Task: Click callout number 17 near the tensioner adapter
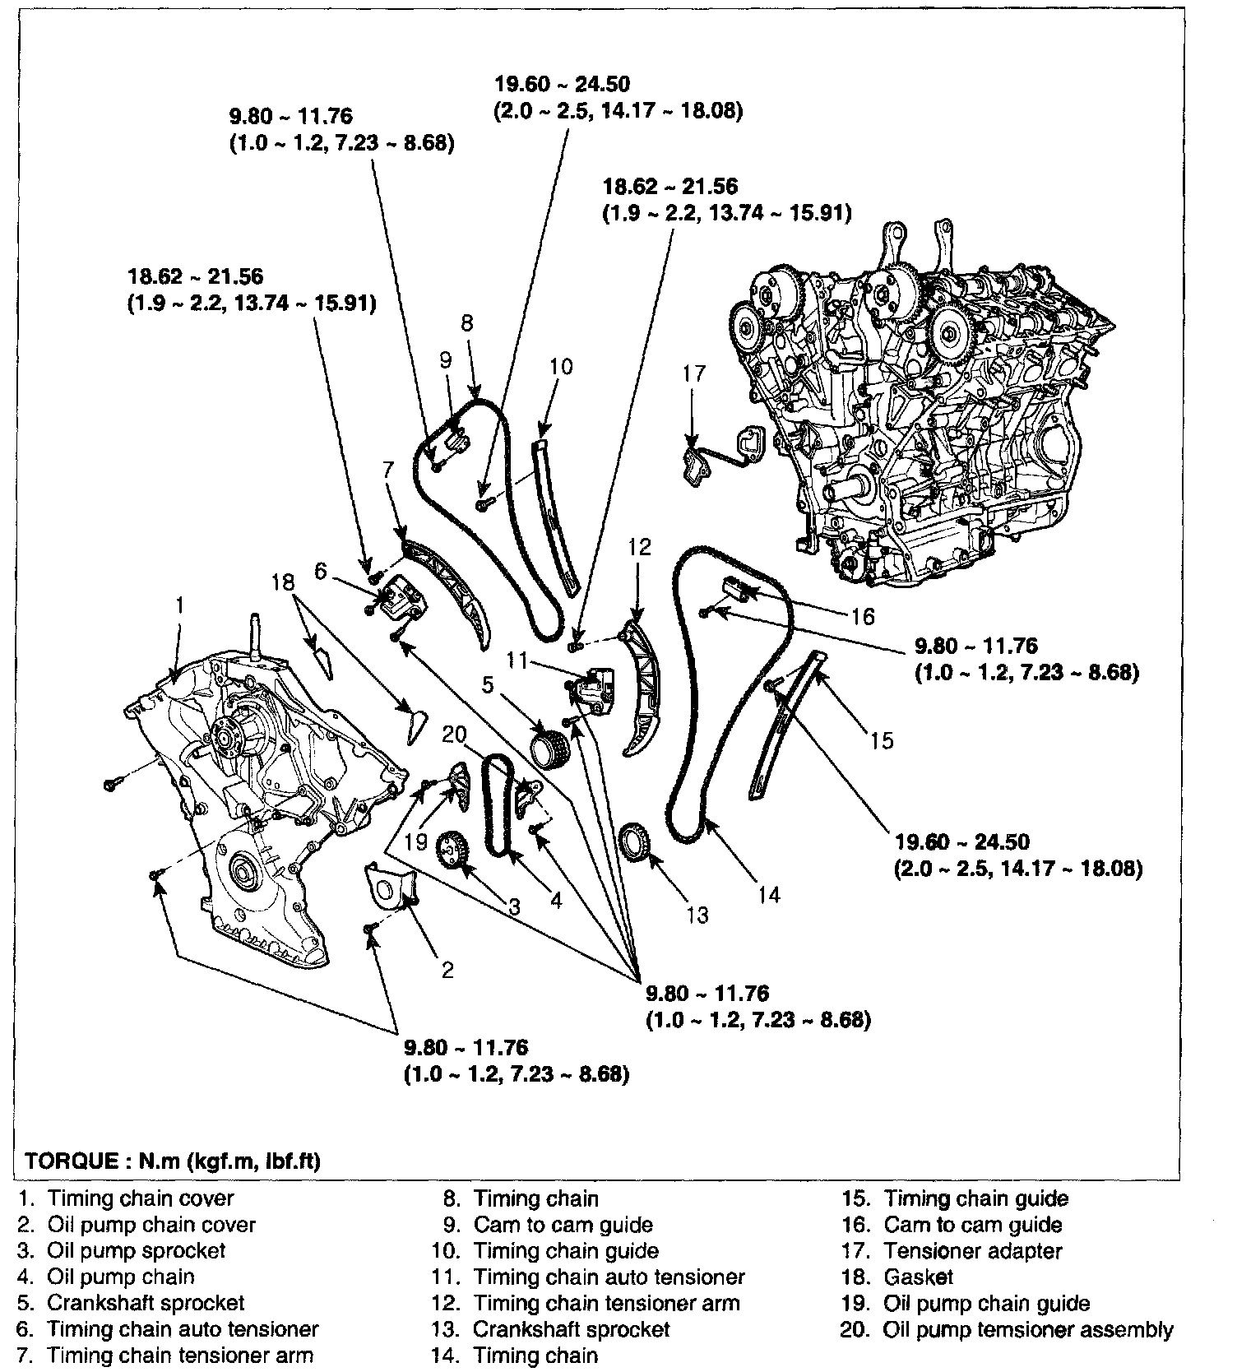coord(694,374)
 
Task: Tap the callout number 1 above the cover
coord(180,606)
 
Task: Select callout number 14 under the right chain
coord(768,894)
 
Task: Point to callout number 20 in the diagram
coord(454,735)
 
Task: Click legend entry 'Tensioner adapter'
coord(972,1251)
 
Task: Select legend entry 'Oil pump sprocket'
coord(136,1251)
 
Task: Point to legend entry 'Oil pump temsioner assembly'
coord(1027,1329)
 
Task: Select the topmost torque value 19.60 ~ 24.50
coord(562,84)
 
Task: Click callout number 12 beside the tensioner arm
coord(639,547)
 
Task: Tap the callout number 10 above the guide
coord(560,366)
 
